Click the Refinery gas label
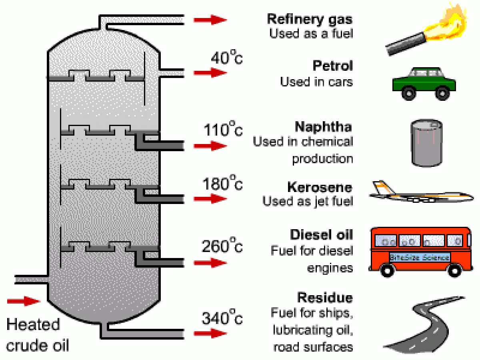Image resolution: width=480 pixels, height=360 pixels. click(310, 19)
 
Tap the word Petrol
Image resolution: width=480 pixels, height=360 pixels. click(333, 66)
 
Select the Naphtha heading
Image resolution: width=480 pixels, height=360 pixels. click(324, 127)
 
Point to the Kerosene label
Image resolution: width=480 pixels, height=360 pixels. click(320, 187)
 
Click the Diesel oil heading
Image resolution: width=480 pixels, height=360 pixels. click(322, 234)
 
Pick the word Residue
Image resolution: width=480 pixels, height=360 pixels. click(325, 298)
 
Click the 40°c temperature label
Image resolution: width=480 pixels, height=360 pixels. click(226, 59)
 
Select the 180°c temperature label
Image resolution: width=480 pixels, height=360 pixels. click(222, 184)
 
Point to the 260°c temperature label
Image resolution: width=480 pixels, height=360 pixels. click(222, 246)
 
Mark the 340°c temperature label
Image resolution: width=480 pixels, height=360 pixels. click(222, 318)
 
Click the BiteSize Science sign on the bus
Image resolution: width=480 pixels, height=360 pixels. click(420, 257)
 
